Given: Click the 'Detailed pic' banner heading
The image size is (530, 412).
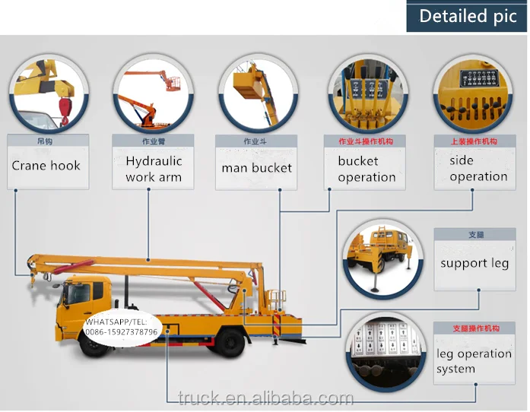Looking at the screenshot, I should [x=468, y=16].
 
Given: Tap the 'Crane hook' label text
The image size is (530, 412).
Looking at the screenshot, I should [x=46, y=166].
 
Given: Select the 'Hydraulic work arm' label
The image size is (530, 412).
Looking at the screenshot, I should [x=154, y=169].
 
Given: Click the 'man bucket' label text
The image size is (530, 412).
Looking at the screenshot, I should [x=256, y=167].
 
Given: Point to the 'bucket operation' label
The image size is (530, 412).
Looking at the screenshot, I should [x=367, y=169].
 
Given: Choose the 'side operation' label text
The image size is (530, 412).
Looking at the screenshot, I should [x=478, y=168].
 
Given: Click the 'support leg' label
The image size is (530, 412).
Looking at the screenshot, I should [x=474, y=264].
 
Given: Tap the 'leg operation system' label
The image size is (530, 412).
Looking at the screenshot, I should [x=474, y=361].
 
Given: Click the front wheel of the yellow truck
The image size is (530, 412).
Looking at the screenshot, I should [x=94, y=342].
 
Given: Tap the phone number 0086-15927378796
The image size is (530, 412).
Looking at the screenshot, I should [x=122, y=332].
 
